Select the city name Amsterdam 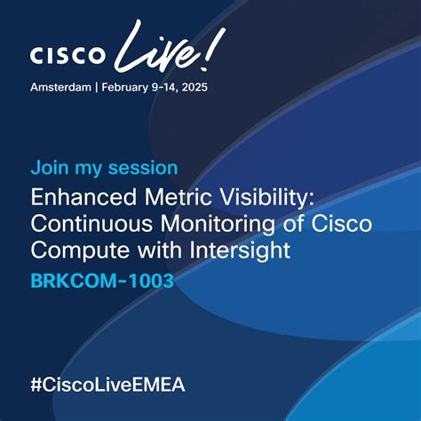pyautogui.click(x=62, y=88)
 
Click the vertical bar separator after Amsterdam pyautogui.click(x=99, y=88)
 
